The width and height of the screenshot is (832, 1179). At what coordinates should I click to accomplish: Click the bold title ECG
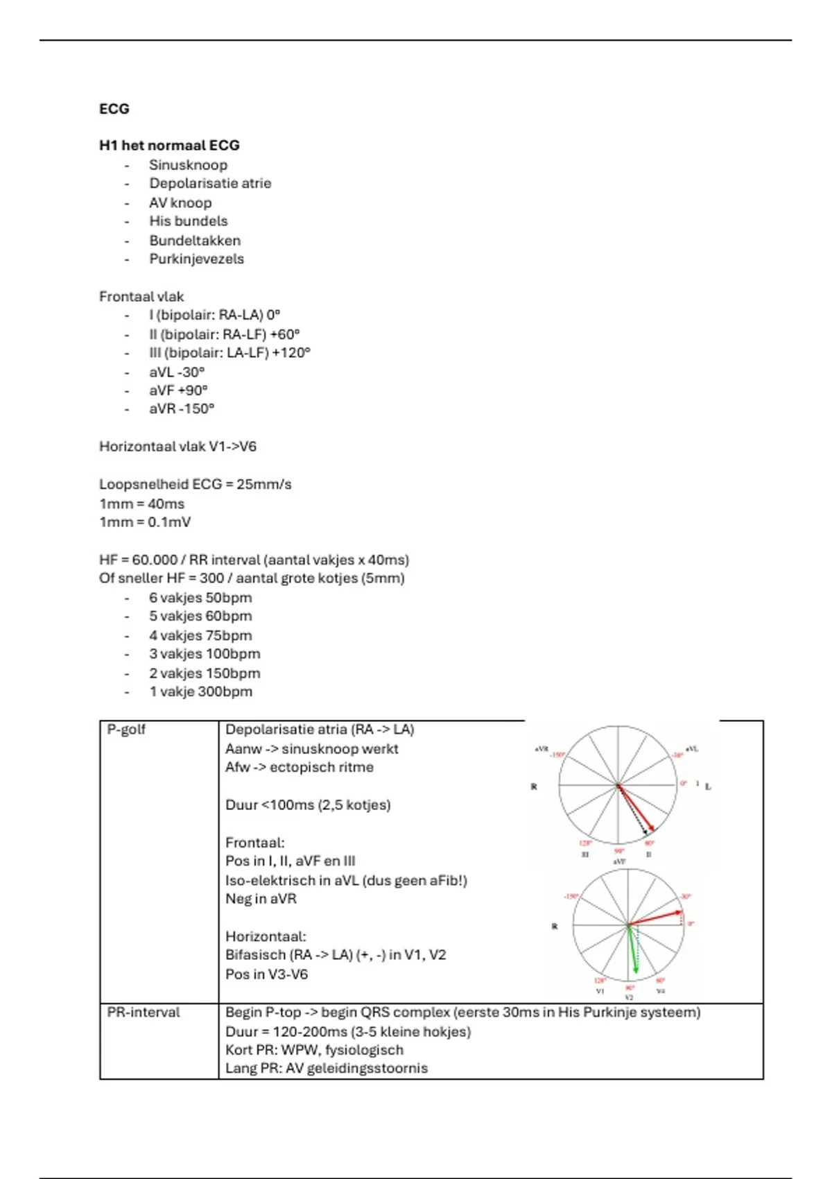[x=114, y=109]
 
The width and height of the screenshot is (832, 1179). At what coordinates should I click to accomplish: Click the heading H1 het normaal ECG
[x=169, y=146]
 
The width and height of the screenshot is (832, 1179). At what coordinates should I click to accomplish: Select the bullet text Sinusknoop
[x=188, y=165]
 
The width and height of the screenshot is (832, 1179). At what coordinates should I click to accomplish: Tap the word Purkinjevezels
[x=196, y=259]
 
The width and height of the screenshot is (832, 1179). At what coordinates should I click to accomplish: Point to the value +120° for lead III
[x=291, y=353]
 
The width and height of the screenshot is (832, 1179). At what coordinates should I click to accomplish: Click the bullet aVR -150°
[x=182, y=409]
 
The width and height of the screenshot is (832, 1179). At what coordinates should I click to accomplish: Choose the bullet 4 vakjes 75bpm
[x=200, y=636]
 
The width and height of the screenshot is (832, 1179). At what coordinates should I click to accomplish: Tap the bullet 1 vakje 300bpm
[x=200, y=692]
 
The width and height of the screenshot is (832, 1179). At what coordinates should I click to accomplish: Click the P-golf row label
[x=126, y=730]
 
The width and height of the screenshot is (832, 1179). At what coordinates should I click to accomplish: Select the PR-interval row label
[x=143, y=1013]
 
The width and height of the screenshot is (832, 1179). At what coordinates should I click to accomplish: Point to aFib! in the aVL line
[x=444, y=881]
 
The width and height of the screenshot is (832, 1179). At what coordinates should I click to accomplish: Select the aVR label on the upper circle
[x=541, y=749]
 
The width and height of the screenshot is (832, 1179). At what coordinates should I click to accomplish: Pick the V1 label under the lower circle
[x=600, y=991]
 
